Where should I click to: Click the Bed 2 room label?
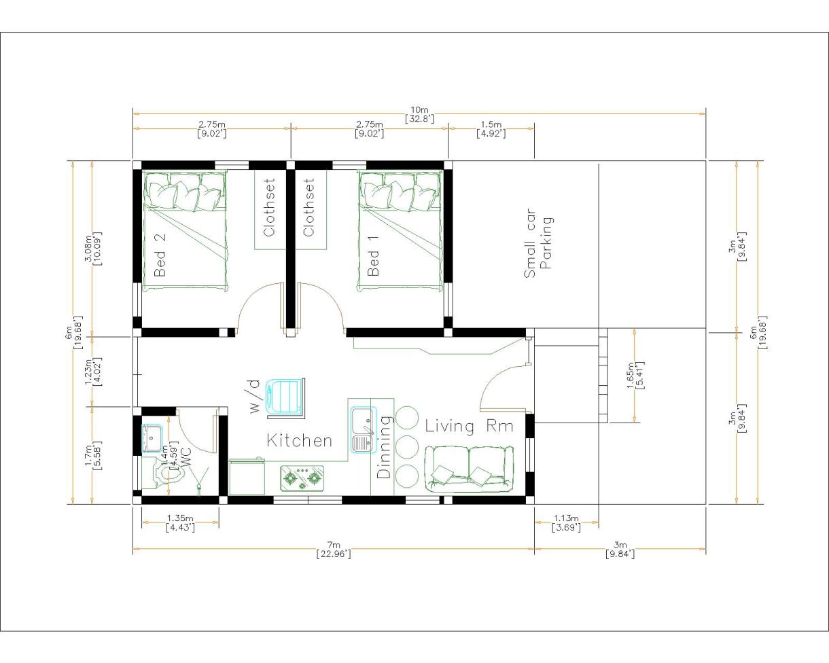coord(160,255)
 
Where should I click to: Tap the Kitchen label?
coord(299,441)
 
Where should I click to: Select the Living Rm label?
coord(469,427)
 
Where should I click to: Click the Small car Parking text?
coord(538,243)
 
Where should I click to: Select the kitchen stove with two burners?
coord(302,478)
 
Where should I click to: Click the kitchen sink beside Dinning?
coord(361,430)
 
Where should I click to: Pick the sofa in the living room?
coord(468,469)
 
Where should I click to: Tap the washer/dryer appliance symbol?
coord(285,396)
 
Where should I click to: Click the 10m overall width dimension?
coord(419,114)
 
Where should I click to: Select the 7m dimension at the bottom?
coord(333,549)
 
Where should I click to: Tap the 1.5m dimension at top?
coord(491,128)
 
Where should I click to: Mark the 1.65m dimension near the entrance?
coord(635,375)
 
